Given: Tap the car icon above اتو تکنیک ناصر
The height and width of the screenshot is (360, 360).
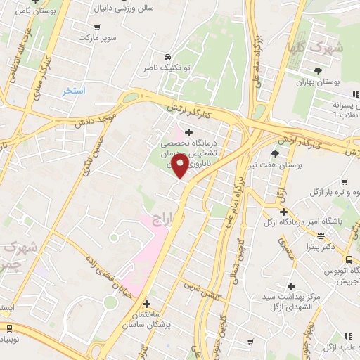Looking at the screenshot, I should (167, 57).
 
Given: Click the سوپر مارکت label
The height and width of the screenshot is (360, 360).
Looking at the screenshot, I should (96, 35).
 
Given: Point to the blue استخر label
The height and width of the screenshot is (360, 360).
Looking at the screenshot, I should (73, 91).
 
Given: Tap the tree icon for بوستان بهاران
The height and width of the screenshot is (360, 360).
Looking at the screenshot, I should (318, 70).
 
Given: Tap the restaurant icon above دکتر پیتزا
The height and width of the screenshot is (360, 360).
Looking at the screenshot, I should (321, 236).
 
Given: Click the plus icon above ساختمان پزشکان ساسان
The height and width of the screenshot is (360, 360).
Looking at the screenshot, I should (146, 304).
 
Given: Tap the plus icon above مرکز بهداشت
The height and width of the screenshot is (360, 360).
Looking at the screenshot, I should (289, 285).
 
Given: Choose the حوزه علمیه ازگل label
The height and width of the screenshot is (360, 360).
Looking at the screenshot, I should (340, 347).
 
